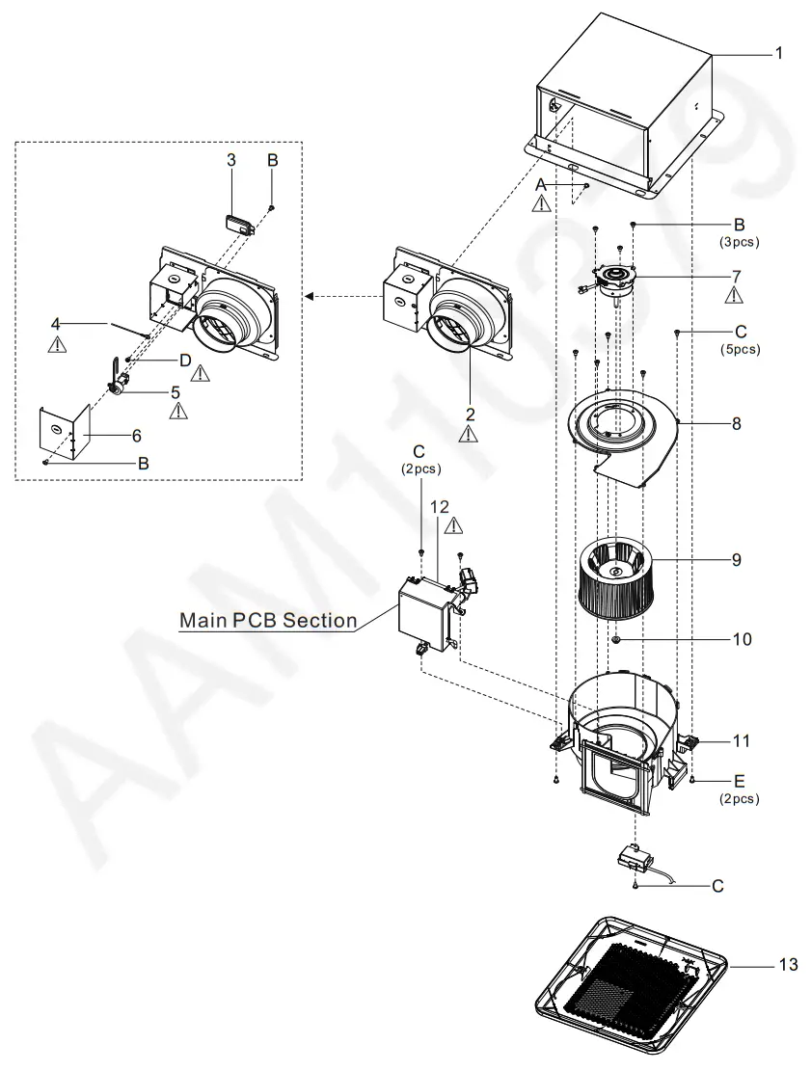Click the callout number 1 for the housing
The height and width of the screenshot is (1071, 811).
778,54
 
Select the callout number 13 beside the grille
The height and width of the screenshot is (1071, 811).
788,964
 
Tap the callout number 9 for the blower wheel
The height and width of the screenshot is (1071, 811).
736,559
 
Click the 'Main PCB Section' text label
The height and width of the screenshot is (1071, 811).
267,621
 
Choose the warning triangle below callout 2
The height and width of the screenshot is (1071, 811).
470,435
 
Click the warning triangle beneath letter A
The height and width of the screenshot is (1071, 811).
542,203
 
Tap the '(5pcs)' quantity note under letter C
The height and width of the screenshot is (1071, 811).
740,350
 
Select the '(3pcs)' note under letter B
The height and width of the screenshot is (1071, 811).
740,243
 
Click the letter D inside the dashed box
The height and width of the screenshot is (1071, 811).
184,360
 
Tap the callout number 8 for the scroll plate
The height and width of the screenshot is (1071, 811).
736,422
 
